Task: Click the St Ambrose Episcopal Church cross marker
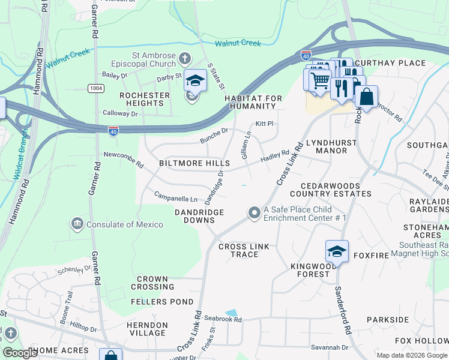click(185, 59)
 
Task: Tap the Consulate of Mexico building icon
click(77, 224)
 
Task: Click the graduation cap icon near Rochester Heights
click(195, 80)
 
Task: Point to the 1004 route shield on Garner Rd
click(95, 88)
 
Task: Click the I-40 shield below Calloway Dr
click(113, 130)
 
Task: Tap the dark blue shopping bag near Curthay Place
click(366, 96)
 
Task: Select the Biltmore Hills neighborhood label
click(194, 163)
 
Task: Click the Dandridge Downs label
click(199, 216)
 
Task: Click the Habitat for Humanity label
click(250, 102)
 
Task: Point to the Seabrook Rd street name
click(222, 320)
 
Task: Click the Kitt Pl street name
click(264, 124)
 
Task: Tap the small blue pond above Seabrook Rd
click(231, 313)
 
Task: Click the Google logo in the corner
click(20, 353)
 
